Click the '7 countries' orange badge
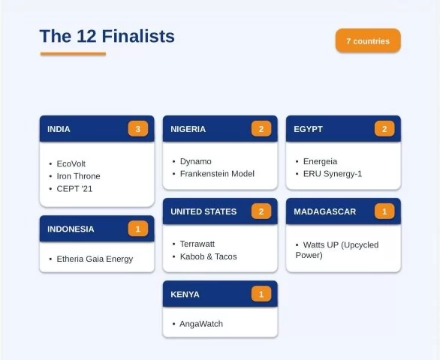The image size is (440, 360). coord(368,40)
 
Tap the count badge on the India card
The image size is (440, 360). coord(137,129)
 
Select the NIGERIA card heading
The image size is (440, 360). coord(188,129)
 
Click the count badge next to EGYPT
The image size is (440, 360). coord(384,129)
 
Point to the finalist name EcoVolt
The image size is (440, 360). coord(71,163)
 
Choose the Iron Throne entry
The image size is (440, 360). coord(78,176)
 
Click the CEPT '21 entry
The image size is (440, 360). coord(74,189)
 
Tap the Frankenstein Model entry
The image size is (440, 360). coord(217,174)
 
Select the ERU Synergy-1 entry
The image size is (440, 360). coord(333,174)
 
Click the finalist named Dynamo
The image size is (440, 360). coord(195,161)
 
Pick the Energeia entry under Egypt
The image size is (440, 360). coord(320,161)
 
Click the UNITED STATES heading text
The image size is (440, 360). coord(203,211)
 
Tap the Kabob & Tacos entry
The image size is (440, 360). coord(208,256)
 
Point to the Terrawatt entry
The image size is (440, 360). coord(197,244)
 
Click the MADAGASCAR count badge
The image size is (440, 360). coord(384,211)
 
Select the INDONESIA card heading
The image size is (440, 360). coord(71,229)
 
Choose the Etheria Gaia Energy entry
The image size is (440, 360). coord(95,259)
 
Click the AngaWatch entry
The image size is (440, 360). coord(201,324)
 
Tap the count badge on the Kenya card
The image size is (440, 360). coord(261,294)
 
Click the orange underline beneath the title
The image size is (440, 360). coord(73,54)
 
